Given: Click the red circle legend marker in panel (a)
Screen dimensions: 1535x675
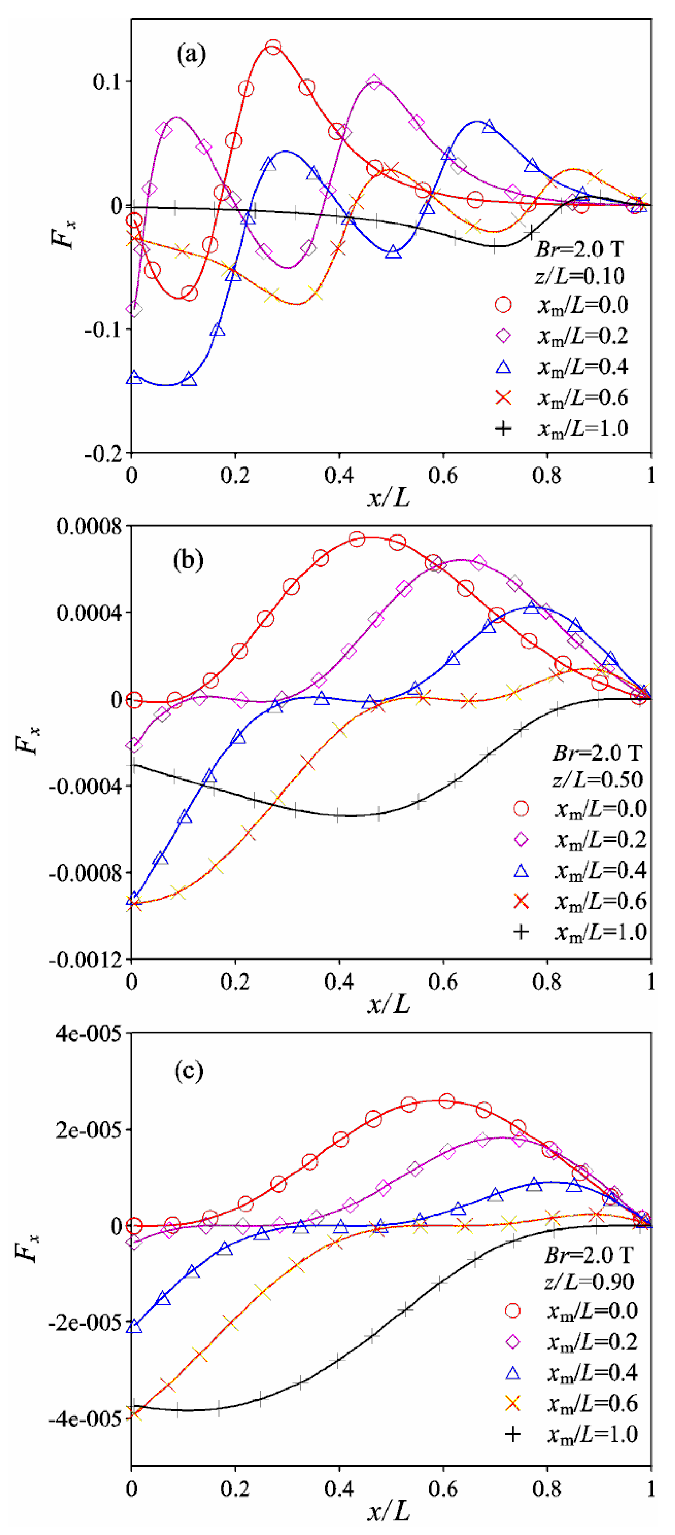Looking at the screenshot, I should pos(503,305).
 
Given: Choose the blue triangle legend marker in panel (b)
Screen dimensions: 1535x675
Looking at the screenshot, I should pos(521,871).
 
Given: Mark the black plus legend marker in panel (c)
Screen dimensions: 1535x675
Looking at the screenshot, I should pos(512,1434).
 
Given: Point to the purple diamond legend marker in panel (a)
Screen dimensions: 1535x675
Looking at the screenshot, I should pos(503,336).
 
